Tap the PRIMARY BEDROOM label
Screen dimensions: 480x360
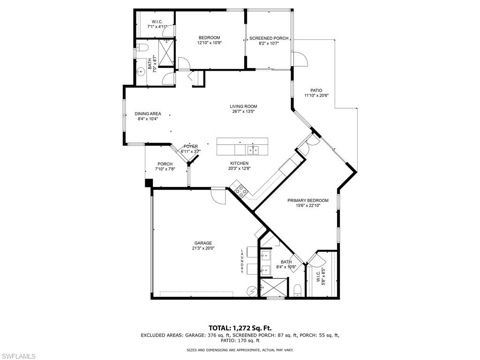(x=308, y=201)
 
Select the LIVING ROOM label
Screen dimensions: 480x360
(x=243, y=106)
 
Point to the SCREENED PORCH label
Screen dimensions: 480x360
(x=269, y=38)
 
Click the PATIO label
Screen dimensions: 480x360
(x=316, y=90)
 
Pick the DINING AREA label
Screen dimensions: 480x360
(x=148, y=114)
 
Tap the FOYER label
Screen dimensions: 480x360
(x=191, y=146)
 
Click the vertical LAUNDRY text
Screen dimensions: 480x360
(x=242, y=261)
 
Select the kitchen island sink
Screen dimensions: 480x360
(x=253, y=150)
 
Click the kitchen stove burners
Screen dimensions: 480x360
(x=241, y=191)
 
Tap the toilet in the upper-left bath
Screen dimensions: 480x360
(x=142, y=47)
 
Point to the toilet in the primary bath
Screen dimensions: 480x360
(x=298, y=291)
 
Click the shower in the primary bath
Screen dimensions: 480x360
(x=274, y=287)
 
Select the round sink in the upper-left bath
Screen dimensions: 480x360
(x=141, y=72)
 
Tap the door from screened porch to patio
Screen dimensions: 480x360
(x=300, y=59)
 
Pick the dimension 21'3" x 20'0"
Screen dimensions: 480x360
(x=202, y=248)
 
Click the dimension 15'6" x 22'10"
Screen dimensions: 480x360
(x=308, y=206)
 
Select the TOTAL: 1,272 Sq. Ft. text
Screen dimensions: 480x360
(x=240, y=328)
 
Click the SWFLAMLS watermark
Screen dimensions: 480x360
(x=18, y=356)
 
